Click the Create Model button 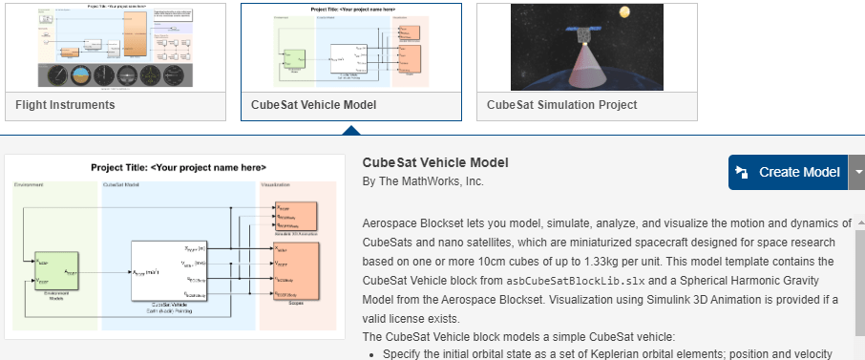click(788, 173)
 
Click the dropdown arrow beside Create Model click(857, 173)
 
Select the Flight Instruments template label click(66, 105)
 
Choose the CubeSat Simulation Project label click(562, 105)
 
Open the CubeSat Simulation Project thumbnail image click(586, 48)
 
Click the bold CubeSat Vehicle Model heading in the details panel click(435, 162)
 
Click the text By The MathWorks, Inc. click(423, 181)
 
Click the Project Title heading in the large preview click(178, 167)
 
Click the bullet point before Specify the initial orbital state click(371, 354)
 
